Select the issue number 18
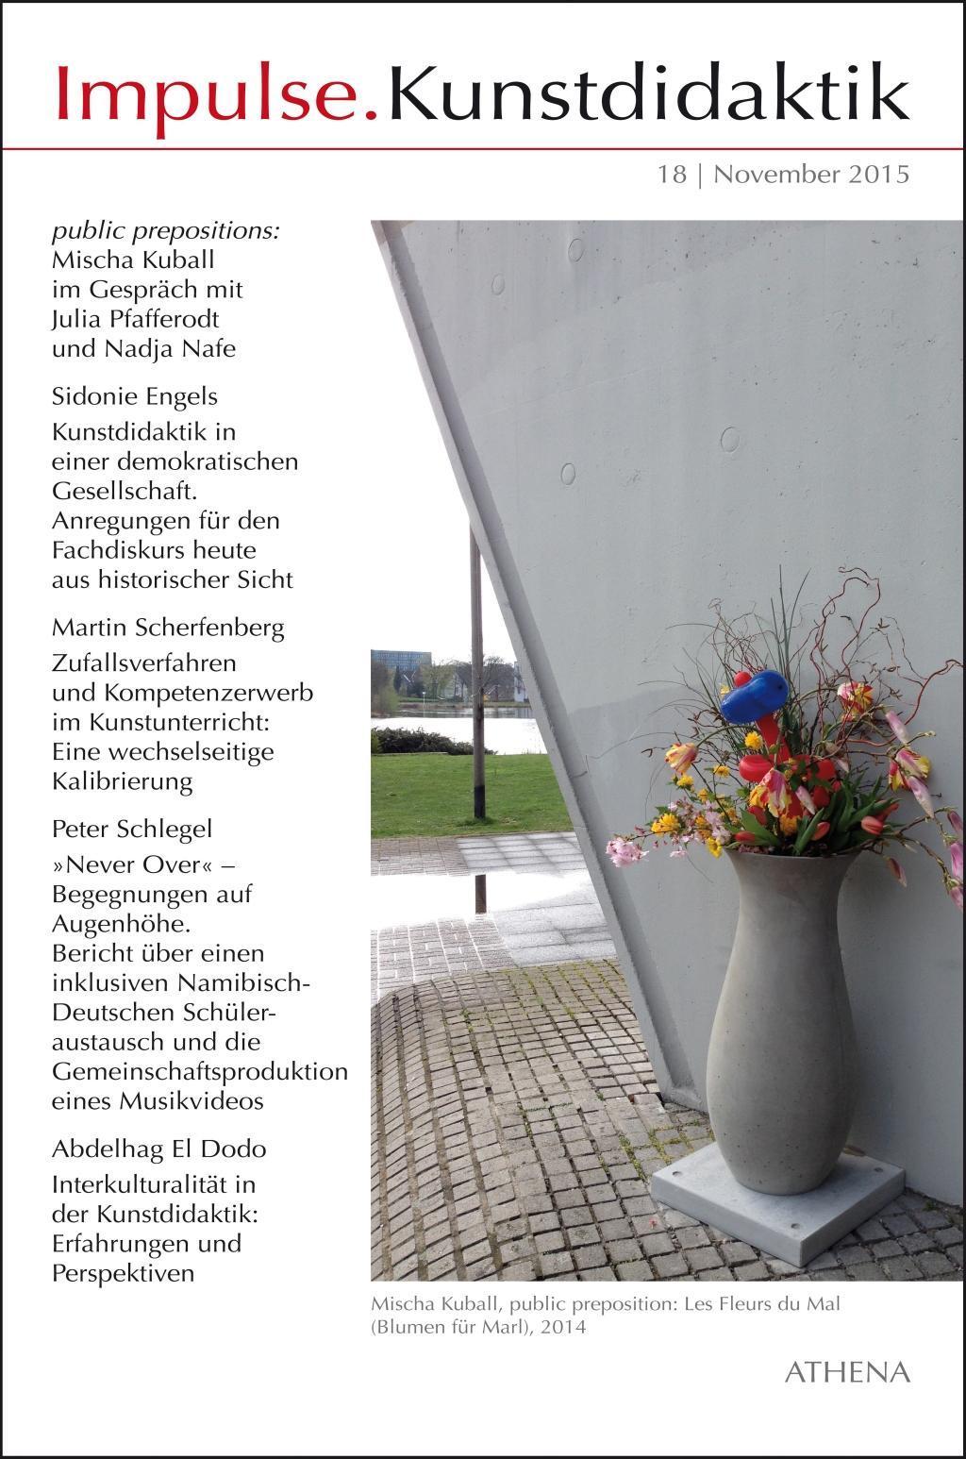pos(673,175)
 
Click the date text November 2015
pos(811,175)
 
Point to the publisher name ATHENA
pos(847,1371)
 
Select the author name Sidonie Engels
pos(135,396)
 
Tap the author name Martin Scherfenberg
pos(168,628)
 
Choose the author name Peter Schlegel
pos(132,829)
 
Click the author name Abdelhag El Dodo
pos(158,1149)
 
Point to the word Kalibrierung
pos(123,781)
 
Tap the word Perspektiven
pos(123,1272)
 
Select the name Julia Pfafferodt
pos(135,319)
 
